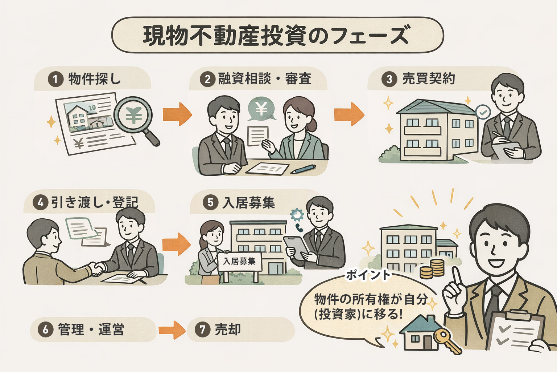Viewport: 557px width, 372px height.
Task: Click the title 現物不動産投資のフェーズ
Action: (x=277, y=35)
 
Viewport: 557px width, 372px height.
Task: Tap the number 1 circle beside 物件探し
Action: (x=55, y=79)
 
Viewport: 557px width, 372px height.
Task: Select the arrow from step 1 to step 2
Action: (x=177, y=114)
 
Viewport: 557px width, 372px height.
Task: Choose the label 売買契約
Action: (x=428, y=79)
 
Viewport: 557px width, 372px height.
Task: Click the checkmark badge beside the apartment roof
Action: (x=483, y=112)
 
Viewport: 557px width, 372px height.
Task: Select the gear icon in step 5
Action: (x=297, y=215)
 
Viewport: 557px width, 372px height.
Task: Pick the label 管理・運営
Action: (x=91, y=329)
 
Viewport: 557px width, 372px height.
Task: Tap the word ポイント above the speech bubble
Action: (x=368, y=275)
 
